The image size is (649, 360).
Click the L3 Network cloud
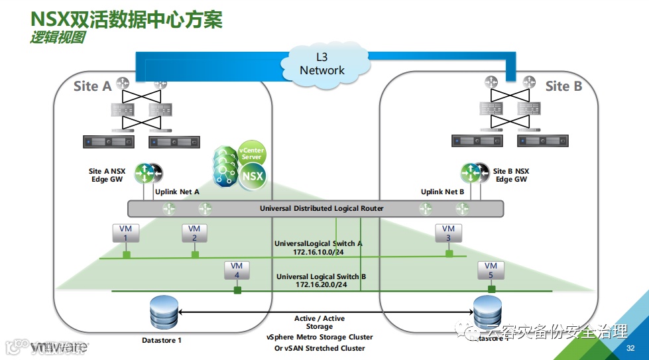pos(322,64)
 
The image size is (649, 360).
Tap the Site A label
pos(92,86)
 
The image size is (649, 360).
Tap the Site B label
pos(563,86)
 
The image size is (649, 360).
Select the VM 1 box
pos(125,233)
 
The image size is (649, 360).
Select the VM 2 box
pos(194,233)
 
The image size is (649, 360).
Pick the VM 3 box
pos(449,233)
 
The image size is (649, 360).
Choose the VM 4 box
pos(237,270)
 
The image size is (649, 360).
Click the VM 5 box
pos(491,270)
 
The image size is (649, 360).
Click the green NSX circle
pos(253,176)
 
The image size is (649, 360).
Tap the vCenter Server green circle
pos(252,154)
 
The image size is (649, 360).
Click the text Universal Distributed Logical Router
pos(322,209)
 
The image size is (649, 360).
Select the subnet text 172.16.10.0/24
pos(318,253)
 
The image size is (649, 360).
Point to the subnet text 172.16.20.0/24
pos(322,285)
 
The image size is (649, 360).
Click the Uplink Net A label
pos(177,192)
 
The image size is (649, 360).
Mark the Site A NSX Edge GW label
pos(107,175)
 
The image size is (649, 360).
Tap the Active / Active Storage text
pos(320,323)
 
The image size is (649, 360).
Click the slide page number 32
pos(631,348)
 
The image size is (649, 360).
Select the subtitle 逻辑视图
pos(57,38)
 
